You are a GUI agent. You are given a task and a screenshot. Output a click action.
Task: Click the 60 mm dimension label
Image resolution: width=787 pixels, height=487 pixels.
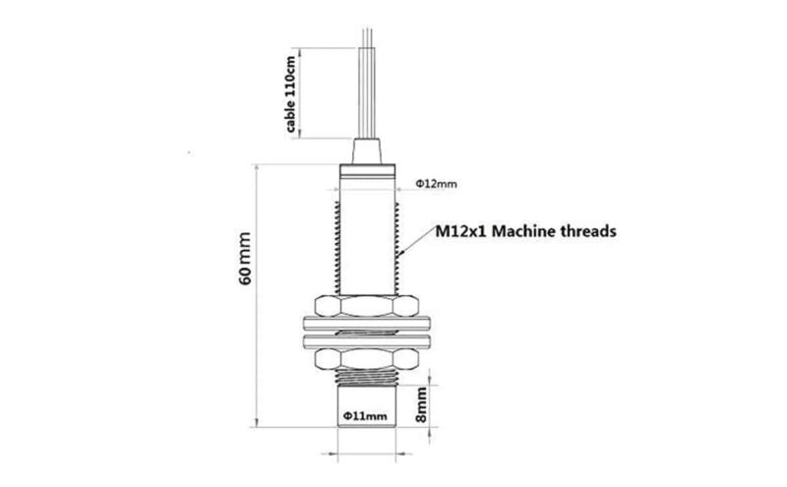coord(245,258)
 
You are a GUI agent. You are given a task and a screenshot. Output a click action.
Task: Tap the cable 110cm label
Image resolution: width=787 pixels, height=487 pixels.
coord(291,93)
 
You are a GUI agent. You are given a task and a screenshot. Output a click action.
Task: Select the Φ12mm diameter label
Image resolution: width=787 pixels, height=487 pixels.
coord(436,184)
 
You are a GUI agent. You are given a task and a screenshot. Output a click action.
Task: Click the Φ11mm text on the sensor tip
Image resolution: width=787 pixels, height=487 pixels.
coord(365,416)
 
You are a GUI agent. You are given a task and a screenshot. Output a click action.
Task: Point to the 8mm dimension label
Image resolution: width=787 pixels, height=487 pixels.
coord(422,404)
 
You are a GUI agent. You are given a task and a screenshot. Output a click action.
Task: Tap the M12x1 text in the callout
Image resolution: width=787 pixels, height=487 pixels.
coord(461,231)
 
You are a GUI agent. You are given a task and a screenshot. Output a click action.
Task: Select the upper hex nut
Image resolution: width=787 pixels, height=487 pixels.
coord(366,306)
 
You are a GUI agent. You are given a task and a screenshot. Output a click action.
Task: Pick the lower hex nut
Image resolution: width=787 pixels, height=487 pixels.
coord(366,358)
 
